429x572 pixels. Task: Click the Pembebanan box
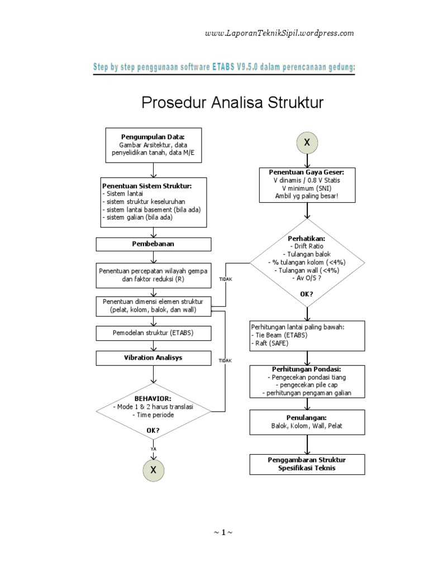pos(154,245)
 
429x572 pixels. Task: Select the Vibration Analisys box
pos(154,357)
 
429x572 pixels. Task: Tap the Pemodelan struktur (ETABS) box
pos(154,333)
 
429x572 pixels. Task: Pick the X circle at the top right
pos(307,143)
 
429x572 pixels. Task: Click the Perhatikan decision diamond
pos(307,262)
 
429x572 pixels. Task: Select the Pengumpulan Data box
pos(153,144)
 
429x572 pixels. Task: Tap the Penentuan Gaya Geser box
pos(307,184)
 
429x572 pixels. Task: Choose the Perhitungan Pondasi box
pos(307,382)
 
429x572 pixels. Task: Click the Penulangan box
pos(307,421)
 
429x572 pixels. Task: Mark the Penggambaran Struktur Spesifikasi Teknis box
pos(307,464)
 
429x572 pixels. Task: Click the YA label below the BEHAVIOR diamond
pos(153,449)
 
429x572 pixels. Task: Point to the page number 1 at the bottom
pos(222,532)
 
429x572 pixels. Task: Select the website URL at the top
pos(279,33)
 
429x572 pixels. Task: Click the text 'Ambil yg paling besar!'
pos(307,196)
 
